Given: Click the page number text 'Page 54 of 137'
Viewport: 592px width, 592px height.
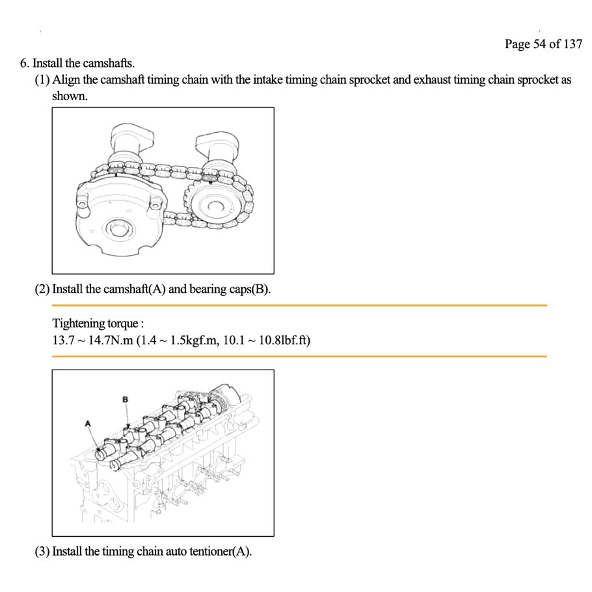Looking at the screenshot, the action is [x=543, y=44].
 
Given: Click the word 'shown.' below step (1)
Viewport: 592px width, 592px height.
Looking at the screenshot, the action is [x=70, y=96].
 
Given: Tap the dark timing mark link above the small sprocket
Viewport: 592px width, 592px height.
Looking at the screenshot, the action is [x=209, y=177].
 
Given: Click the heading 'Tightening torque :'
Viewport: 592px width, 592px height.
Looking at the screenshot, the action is [x=98, y=323].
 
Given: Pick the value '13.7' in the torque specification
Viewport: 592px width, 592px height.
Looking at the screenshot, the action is [x=63, y=340].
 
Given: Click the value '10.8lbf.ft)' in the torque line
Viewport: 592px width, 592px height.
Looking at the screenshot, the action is [x=284, y=340].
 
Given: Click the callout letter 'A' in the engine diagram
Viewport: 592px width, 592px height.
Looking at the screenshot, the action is [x=88, y=424].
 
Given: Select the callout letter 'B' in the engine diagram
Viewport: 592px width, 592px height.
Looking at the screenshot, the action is [x=126, y=399].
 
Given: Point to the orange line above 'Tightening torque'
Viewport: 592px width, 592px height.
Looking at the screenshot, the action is [x=299, y=305].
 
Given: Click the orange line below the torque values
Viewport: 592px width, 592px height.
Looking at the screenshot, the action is [x=299, y=356].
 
